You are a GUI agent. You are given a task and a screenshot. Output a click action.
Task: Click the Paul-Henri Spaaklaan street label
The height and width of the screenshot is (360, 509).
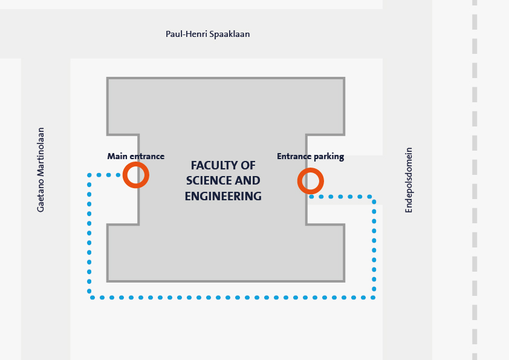207,34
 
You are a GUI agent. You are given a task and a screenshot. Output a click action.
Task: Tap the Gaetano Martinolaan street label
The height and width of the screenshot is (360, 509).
41,169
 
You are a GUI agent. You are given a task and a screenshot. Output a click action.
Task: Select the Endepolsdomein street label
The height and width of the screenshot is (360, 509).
409,180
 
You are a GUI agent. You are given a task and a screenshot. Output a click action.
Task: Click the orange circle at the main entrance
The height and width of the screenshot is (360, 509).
136,175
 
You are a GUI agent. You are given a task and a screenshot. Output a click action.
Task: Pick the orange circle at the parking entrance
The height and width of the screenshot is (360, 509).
311,181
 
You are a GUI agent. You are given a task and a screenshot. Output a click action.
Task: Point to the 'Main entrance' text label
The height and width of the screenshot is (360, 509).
136,156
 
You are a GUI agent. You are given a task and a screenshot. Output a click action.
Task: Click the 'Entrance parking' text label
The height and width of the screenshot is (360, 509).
310,156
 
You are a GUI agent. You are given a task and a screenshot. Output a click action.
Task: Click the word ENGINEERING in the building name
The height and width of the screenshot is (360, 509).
223,196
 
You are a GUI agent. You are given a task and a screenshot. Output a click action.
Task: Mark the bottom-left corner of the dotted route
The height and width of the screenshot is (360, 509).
89,297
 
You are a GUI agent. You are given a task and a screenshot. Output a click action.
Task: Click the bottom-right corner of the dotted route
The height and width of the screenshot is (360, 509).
374,297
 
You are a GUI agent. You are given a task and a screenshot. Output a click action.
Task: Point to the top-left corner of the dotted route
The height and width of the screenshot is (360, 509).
89,175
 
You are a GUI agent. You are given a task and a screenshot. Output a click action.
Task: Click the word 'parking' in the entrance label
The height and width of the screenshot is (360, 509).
329,157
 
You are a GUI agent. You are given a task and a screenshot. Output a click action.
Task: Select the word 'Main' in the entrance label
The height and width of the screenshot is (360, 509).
117,156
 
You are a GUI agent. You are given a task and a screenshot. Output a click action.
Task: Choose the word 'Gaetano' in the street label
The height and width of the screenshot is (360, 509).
41,194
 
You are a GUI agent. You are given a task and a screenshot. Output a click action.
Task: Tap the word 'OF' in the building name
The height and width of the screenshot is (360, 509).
248,166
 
